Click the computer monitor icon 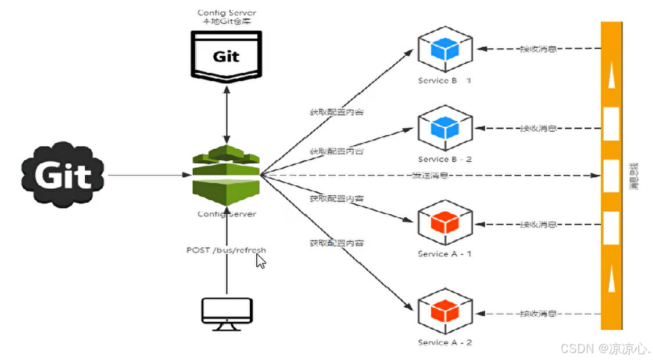[227, 314]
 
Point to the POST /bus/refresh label [226, 250]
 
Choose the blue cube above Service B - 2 [444, 128]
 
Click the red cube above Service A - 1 [444, 224]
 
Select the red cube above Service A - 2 [444, 312]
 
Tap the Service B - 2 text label [444, 159]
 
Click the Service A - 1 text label [444, 254]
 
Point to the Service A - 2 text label [444, 343]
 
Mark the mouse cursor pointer [261, 261]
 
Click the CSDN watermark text [604, 348]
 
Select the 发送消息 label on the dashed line [430, 175]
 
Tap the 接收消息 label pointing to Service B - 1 [538, 49]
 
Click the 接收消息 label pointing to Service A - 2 [538, 314]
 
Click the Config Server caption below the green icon [227, 214]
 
